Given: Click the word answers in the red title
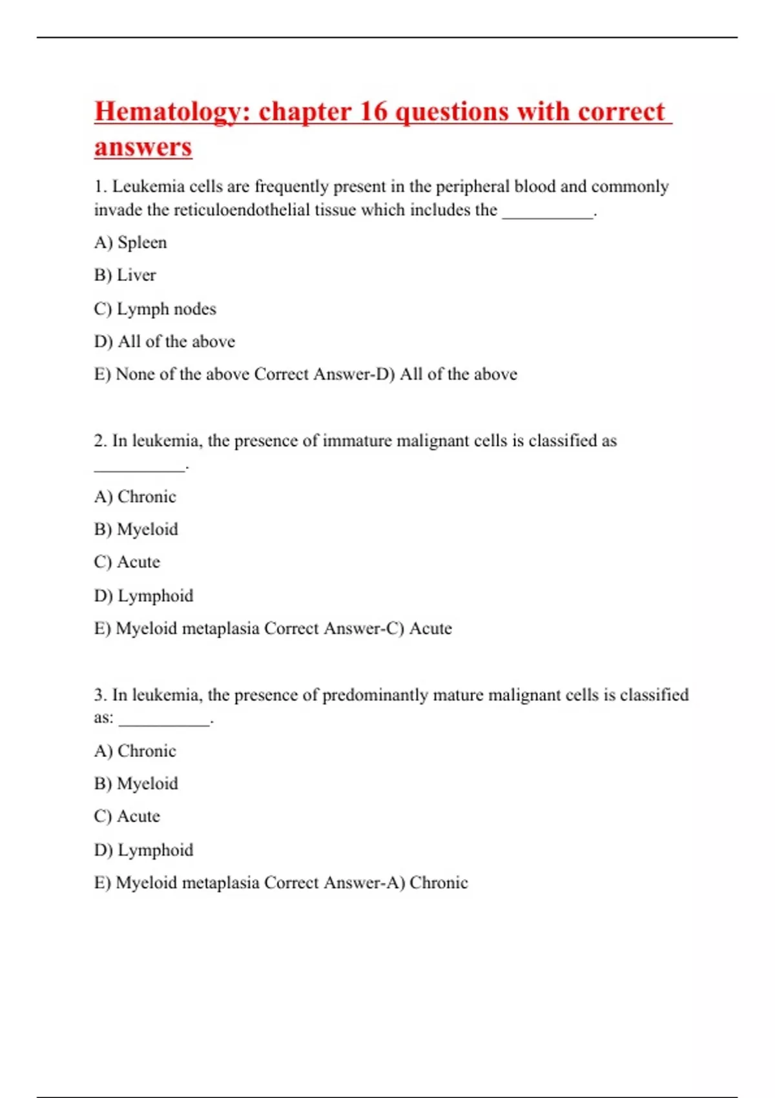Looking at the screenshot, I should pos(143,147).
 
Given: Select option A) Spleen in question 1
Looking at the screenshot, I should pos(130,242).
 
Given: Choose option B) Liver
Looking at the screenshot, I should pos(125,275).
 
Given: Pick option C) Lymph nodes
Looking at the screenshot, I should pos(155,309).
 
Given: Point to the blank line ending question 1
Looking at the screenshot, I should pos(548,216).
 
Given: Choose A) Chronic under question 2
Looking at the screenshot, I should pos(135,497).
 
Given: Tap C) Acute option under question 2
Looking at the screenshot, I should pos(127,562).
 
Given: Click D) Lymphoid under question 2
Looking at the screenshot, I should pos(143,596).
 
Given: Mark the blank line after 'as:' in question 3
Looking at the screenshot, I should pos(165,723).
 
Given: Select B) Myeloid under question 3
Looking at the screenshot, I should pos(136,783).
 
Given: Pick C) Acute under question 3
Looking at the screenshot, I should pos(127,816).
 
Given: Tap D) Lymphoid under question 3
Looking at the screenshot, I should pos(143,850).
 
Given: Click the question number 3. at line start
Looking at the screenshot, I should pos(100,695).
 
